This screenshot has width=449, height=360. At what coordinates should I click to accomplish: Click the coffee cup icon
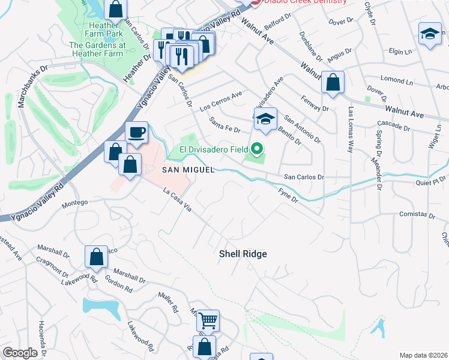(x=136, y=133)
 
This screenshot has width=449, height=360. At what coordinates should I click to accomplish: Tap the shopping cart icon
(x=208, y=320)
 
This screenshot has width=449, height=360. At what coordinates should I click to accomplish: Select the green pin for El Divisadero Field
(x=258, y=148)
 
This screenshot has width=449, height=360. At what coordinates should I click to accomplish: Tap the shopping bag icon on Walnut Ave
(x=332, y=82)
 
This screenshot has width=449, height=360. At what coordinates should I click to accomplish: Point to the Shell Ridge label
(x=242, y=254)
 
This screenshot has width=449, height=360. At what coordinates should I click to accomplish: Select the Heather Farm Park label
(x=106, y=29)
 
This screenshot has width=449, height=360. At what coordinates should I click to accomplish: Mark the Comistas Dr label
(x=417, y=214)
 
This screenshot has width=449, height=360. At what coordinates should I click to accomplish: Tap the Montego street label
(x=76, y=205)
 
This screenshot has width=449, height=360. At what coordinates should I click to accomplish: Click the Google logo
(x=20, y=353)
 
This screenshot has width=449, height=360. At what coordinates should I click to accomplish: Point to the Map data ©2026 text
(x=423, y=355)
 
